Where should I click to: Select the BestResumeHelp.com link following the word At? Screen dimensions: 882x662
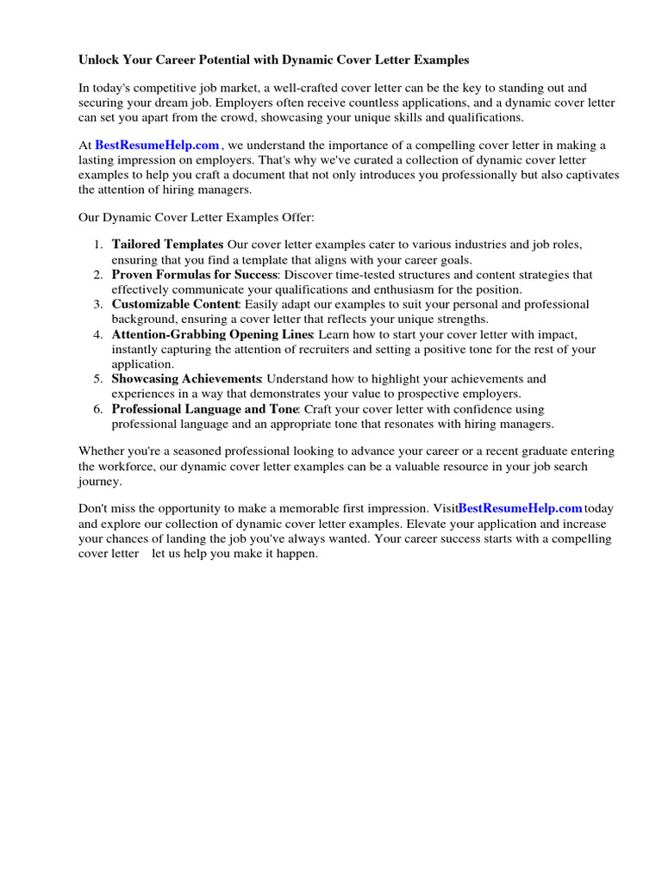[157, 146]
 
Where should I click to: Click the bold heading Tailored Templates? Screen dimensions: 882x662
[167, 245]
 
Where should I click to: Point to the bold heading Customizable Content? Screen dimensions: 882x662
[175, 304]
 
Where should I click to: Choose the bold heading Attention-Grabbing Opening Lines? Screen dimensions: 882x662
[213, 334]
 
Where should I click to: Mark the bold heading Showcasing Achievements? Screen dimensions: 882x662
[186, 379]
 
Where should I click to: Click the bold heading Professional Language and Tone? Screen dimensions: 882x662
[204, 409]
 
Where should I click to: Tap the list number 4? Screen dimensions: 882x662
[98, 334]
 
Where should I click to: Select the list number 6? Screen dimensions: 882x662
[98, 409]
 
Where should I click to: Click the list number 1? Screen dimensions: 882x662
[98, 245]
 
